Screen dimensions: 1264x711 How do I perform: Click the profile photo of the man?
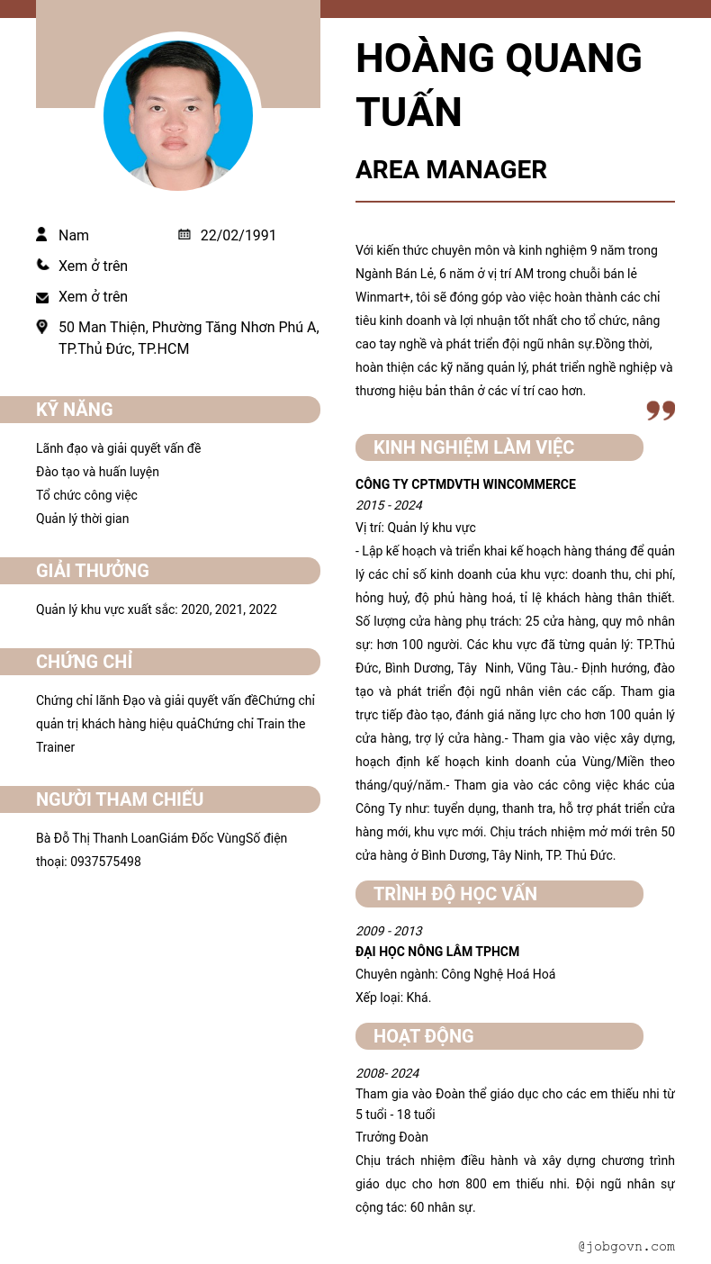pos(178,114)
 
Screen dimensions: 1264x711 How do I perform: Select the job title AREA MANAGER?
pos(451,169)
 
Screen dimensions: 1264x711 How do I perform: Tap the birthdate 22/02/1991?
pos(238,235)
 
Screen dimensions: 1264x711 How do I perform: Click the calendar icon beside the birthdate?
pos(184,234)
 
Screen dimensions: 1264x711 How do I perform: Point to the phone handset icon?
pos(42,265)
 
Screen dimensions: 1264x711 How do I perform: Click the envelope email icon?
pos(42,297)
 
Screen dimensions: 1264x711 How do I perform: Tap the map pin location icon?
pos(41,327)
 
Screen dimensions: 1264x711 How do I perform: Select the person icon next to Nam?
pos(41,234)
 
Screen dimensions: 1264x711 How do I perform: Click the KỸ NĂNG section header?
pos(75,410)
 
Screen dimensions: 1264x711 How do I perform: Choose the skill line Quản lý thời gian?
pos(82,519)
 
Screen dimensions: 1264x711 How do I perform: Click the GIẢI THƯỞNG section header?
pos(93,571)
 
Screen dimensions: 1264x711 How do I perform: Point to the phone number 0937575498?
pos(105,862)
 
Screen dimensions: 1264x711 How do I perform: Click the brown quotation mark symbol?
pos(661,411)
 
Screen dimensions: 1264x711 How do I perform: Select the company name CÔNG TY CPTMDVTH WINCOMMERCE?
pos(465,484)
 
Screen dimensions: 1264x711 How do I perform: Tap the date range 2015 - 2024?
pos(389,505)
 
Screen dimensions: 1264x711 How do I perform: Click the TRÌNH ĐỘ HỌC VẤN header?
pos(455,894)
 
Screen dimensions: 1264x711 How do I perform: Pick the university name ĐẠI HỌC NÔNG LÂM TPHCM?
pos(437,952)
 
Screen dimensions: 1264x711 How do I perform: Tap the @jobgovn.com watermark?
pos(626,1247)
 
